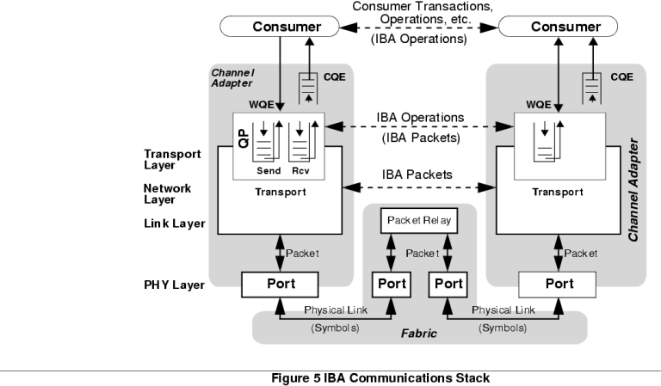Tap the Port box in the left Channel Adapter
pos(280,283)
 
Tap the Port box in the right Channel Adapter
pos(559,283)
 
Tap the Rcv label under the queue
pos(302,171)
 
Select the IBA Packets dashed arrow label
pos(418,174)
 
